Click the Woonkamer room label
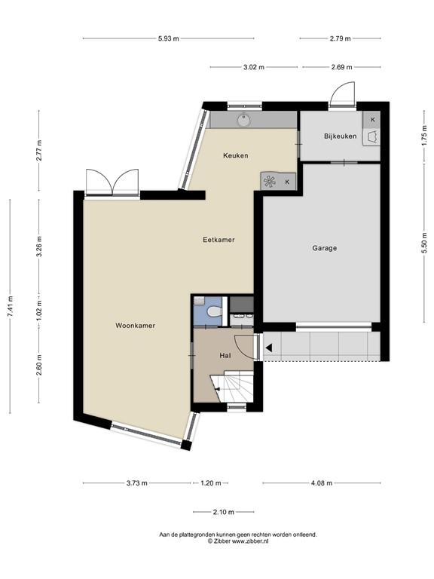coord(135,326)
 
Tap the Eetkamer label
coord(219,240)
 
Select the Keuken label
coord(235,155)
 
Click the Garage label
coord(324,248)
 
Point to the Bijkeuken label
coord(340,136)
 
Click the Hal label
coord(225,354)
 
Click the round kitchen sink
coord(244,119)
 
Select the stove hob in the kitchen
coord(270,181)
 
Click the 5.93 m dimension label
coord(170,38)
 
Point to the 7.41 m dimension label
coord(10,306)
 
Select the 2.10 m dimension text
coord(223,513)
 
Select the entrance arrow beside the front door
coord(268,348)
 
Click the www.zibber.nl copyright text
coord(238,541)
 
